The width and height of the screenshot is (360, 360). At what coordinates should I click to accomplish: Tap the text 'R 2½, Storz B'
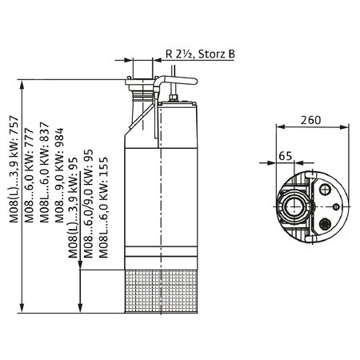(201, 54)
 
